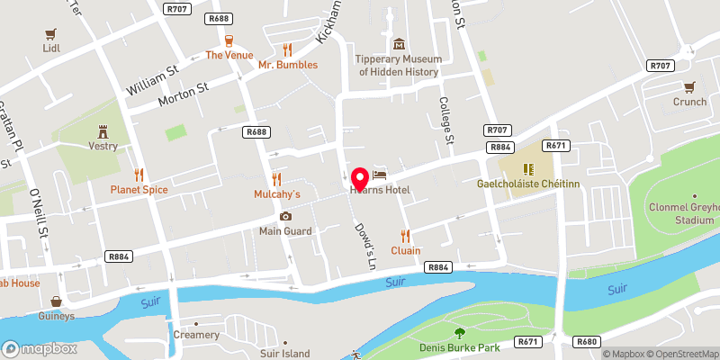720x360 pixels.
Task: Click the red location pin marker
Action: click(358, 176)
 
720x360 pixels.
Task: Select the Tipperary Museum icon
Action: click(399, 44)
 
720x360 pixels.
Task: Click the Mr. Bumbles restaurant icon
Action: click(287, 49)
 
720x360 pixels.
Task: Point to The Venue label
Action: click(229, 55)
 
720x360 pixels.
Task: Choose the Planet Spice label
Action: click(139, 189)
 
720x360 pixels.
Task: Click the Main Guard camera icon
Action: click(285, 216)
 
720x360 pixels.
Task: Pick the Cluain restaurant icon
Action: click(406, 236)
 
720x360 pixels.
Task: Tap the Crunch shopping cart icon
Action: click(689, 87)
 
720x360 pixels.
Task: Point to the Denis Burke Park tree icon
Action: click(459, 334)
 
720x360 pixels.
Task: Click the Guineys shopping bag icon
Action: click(56, 301)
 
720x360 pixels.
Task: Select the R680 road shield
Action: click(588, 342)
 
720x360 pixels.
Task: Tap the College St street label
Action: click(445, 121)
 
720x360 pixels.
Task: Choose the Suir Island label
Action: click(284, 354)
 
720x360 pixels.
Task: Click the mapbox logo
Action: click(40, 348)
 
